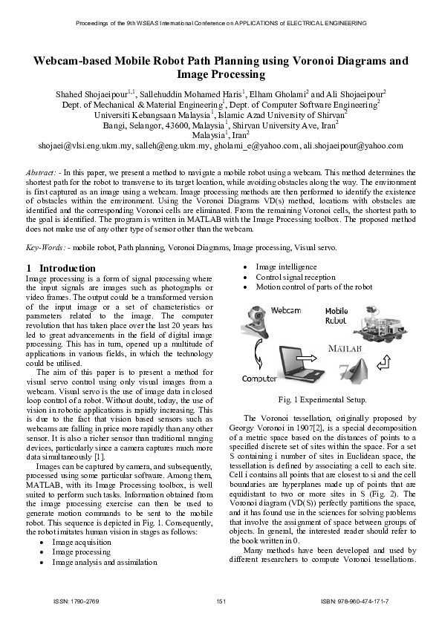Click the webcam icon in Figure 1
tap(253, 318)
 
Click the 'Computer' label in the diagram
tap(260, 379)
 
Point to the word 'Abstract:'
tap(42, 171)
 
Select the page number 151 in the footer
tap(221, 600)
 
